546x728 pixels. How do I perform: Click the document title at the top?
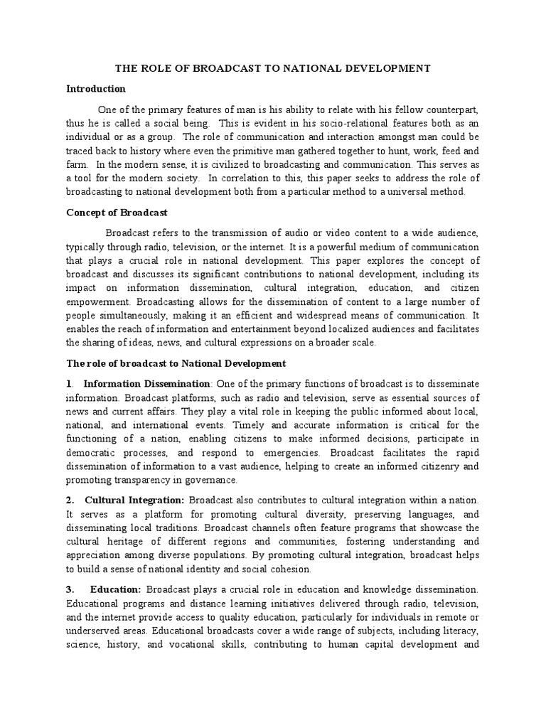(x=273, y=68)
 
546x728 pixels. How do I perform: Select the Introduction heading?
(x=96, y=89)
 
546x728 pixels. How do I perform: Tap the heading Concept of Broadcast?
(x=117, y=212)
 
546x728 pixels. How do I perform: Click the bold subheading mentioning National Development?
(x=176, y=363)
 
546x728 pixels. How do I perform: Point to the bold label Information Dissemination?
(x=147, y=383)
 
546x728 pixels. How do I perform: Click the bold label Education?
(x=115, y=589)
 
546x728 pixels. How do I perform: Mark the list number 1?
(x=69, y=383)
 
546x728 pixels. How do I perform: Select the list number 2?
(x=70, y=501)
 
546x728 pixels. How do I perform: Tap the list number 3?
(x=70, y=589)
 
